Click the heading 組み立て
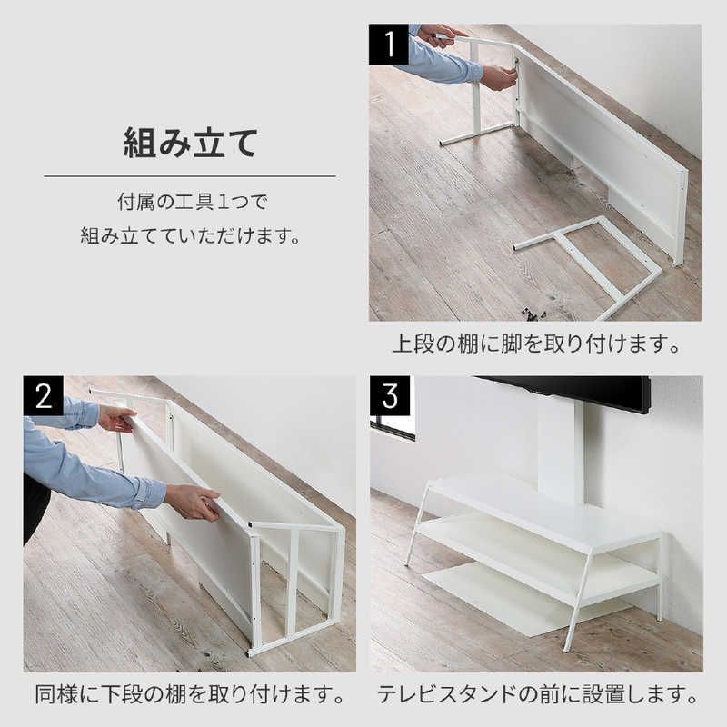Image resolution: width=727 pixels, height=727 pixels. [x=190, y=144]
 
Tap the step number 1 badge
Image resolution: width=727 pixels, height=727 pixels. [x=389, y=44]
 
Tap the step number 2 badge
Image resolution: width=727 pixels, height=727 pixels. [x=44, y=395]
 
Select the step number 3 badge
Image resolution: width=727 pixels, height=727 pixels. [x=390, y=395]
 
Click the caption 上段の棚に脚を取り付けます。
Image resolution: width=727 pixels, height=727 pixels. [x=536, y=344]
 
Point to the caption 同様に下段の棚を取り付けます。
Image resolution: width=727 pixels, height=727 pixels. [x=190, y=694]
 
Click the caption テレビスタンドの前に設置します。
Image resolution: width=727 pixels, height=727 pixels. [x=538, y=694]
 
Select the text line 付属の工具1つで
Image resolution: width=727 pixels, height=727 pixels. [x=193, y=202]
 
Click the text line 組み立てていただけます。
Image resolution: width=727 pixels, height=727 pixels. [x=191, y=235]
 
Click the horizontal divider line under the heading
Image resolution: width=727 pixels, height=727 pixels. [x=190, y=176]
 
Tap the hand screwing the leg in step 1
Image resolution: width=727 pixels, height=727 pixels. [x=499, y=77]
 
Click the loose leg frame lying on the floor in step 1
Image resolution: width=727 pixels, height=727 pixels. [x=586, y=266]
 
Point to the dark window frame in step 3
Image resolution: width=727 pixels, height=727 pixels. [x=393, y=429]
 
